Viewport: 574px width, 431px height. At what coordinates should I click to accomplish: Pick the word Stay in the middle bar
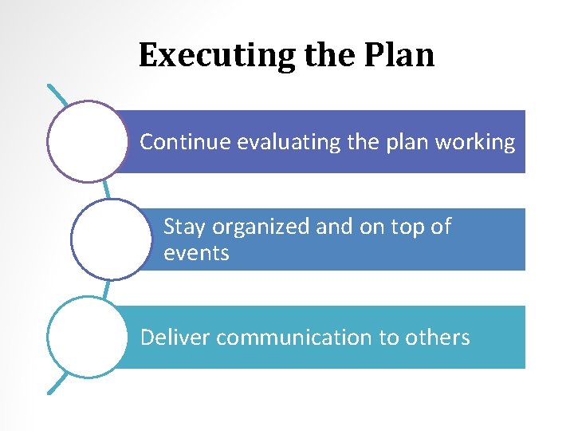coord(183,227)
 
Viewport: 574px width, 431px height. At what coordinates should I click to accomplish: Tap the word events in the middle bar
coord(196,254)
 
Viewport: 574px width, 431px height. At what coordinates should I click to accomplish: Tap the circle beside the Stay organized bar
coord(111,239)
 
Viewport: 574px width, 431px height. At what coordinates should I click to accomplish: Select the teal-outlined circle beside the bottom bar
coord(87,337)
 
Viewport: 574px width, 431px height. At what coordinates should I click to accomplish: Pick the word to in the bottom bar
coord(389,338)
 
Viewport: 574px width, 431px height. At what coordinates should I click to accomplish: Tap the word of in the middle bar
coord(442,227)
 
